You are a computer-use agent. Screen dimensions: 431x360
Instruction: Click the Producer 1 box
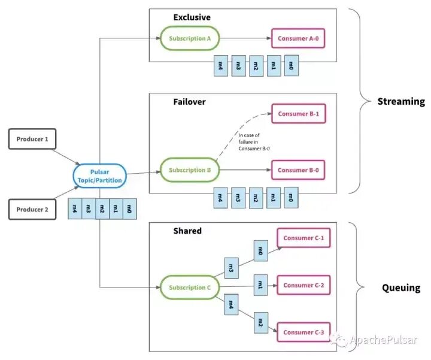(x=32, y=139)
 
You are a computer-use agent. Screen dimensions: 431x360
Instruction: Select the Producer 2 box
(x=32, y=210)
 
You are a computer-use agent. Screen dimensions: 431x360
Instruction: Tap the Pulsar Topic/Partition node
(x=99, y=176)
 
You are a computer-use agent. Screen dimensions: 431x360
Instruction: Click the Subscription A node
(x=190, y=38)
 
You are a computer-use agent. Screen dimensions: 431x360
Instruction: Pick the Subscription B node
(x=190, y=170)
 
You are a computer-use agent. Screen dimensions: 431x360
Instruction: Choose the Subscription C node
(x=190, y=288)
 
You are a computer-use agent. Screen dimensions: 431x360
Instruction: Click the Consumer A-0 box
(x=298, y=38)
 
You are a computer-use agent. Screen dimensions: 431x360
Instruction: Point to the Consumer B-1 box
(x=299, y=114)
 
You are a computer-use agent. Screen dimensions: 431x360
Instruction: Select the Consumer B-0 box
(x=298, y=170)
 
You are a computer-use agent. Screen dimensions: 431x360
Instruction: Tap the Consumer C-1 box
(x=303, y=238)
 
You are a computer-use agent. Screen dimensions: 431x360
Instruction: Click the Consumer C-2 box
(x=303, y=285)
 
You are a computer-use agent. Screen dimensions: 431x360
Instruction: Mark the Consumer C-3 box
(x=303, y=332)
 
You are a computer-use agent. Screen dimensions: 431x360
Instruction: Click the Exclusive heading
(x=192, y=17)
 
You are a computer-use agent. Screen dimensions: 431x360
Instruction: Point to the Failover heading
(x=189, y=102)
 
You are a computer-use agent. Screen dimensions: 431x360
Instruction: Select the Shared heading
(x=187, y=231)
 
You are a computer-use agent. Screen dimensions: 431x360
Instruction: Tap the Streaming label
(x=401, y=101)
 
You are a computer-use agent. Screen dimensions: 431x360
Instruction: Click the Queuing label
(x=401, y=288)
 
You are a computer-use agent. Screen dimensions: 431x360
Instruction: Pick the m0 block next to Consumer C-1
(x=260, y=250)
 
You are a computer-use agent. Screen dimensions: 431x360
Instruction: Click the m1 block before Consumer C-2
(x=260, y=285)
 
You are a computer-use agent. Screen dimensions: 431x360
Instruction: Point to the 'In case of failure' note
(x=254, y=142)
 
